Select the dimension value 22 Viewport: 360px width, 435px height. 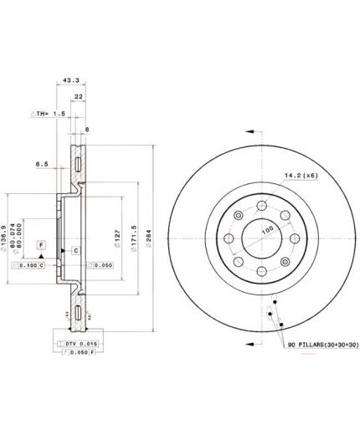78,97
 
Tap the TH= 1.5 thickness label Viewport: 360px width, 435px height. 49,112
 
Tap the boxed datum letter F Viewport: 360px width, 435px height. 39,244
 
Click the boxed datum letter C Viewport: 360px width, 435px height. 75,250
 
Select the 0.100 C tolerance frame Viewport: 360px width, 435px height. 30,265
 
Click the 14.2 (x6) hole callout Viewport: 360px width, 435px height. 300,174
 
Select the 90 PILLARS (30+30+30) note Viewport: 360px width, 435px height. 321,344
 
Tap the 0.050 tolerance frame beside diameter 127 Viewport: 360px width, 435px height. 100,265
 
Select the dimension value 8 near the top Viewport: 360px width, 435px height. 86,129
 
